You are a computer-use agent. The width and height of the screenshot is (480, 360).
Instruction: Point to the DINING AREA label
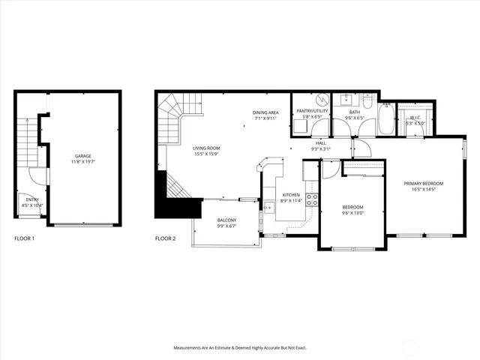(265, 112)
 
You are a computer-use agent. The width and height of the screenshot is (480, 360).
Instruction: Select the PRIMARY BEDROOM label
(424, 184)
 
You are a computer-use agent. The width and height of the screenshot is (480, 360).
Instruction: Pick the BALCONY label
(227, 220)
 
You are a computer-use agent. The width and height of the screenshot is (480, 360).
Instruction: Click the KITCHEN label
(290, 195)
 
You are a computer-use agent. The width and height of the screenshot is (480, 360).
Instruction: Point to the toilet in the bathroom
(367, 100)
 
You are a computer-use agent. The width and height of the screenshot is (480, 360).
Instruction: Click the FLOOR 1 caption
(25, 238)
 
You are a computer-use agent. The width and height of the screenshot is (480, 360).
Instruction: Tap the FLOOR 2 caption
(165, 238)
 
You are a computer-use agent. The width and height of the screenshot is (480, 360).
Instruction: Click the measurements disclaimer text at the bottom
(240, 348)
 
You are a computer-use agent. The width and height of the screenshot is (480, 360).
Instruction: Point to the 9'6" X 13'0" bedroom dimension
(352, 212)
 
